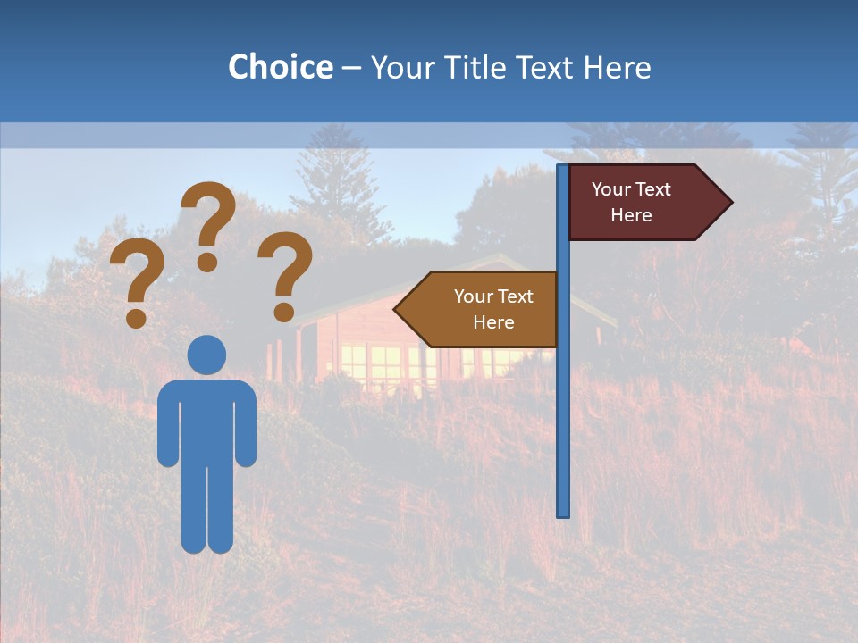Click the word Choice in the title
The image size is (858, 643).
tap(280, 67)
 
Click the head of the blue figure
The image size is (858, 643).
tap(206, 355)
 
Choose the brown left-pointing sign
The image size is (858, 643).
tap(483, 309)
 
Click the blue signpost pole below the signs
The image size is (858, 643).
tap(563, 429)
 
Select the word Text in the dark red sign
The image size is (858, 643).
tap(652, 189)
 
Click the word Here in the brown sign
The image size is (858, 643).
tap(493, 322)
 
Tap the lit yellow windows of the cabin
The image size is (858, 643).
tap(375, 361)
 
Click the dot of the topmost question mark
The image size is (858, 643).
tap(207, 262)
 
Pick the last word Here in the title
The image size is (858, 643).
tap(617, 67)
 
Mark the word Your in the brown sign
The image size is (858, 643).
tap(472, 296)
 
